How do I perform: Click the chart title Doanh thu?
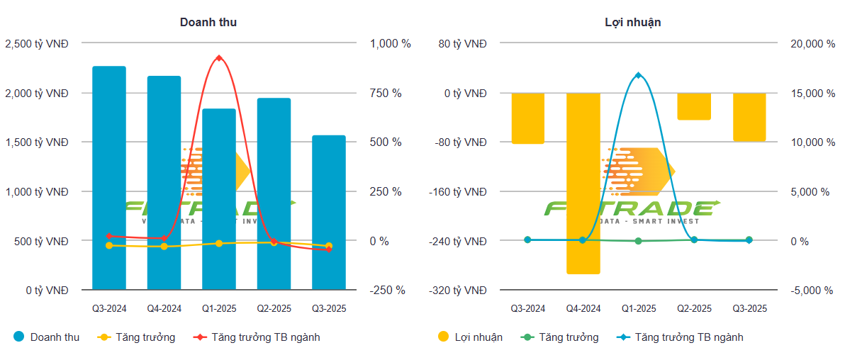[x=208, y=23]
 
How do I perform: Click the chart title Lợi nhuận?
[x=628, y=23]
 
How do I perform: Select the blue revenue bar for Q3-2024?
[x=109, y=177]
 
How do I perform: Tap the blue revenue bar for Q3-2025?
[x=329, y=213]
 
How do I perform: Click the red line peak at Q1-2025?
[x=219, y=58]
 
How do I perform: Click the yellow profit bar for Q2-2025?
[x=694, y=106]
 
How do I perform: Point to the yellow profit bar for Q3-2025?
[x=749, y=117]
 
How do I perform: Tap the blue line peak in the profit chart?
[x=638, y=75]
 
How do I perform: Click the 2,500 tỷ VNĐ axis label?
[x=37, y=44]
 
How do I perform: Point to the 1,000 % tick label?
[x=390, y=44]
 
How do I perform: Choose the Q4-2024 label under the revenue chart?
[x=164, y=308]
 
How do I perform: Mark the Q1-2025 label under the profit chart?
[x=638, y=308]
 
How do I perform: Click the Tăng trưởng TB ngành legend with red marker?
[x=265, y=337]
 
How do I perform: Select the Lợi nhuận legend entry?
[x=478, y=337]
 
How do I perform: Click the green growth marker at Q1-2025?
[x=638, y=241]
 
